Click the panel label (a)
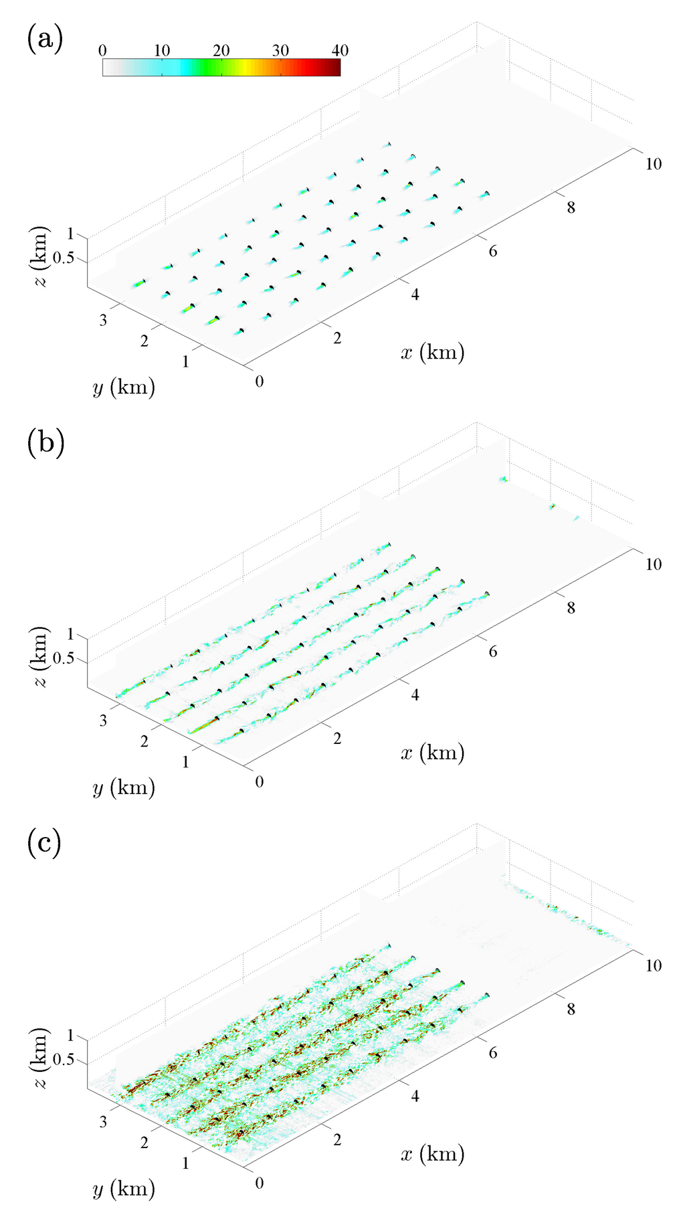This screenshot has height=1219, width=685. [45, 40]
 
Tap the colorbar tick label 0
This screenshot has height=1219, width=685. [102, 51]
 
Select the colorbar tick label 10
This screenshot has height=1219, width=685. [162, 51]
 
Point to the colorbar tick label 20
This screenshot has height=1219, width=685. [221, 51]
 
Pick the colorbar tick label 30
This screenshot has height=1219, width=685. [281, 51]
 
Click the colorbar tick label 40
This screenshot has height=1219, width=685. [340, 51]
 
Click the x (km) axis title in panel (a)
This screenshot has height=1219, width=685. [432, 352]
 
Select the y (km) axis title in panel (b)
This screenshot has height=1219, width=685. [124, 787]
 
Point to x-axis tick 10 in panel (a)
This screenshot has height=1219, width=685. [653, 163]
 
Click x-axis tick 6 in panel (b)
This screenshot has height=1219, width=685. [493, 652]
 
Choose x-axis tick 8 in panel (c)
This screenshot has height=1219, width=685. [571, 1009]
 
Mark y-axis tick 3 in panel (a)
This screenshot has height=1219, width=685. [103, 320]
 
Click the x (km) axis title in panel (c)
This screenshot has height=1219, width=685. [432, 1154]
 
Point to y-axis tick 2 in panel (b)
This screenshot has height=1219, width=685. [144, 741]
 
